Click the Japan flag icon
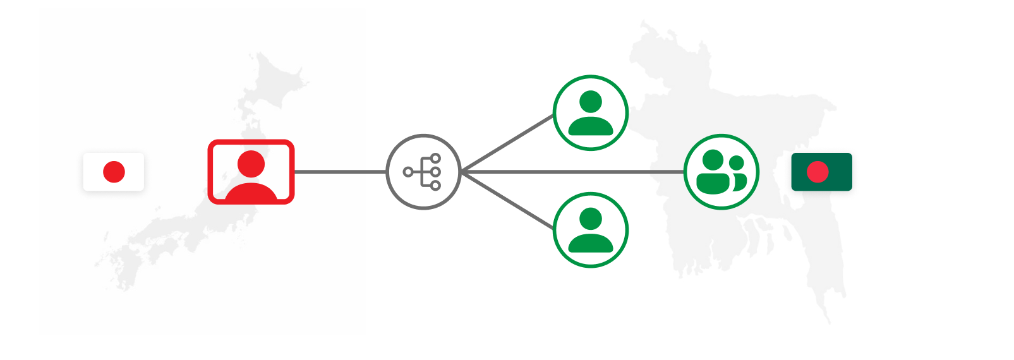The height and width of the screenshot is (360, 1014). pos(114,172)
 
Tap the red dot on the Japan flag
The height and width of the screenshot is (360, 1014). pos(114,172)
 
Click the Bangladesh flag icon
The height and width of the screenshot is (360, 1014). pos(821,172)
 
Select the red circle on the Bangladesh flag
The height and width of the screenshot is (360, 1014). pos(818,172)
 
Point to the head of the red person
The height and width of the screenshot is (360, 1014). pos(251,164)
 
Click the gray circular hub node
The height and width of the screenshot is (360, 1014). pos(423,172)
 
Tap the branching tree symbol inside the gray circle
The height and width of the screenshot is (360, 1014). pos(423,172)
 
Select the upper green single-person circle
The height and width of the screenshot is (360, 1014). pos(591,113)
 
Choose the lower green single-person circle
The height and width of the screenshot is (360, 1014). pos(591,230)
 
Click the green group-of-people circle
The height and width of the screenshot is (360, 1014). pos(721,172)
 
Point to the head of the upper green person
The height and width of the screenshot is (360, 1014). pos(591,102)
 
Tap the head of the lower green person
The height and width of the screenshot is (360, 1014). pos(591,219)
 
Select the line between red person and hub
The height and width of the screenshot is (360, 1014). pos(340,172)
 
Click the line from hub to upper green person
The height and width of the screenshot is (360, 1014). pos(507,143)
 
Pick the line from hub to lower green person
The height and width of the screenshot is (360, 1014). pos(507,200)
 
